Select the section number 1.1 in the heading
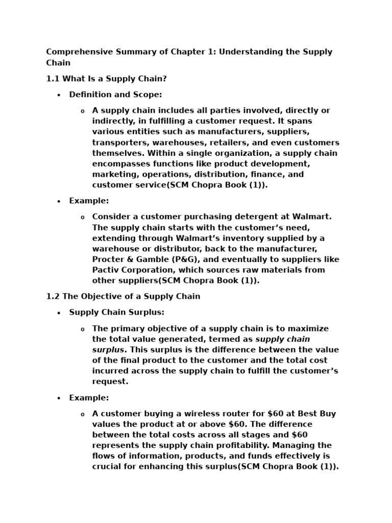(53, 79)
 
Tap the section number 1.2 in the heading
(53, 296)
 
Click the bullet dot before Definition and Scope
(59, 95)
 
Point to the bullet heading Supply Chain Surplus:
(117, 312)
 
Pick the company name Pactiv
(106, 270)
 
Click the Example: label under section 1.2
(89, 397)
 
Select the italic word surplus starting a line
(108, 350)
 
